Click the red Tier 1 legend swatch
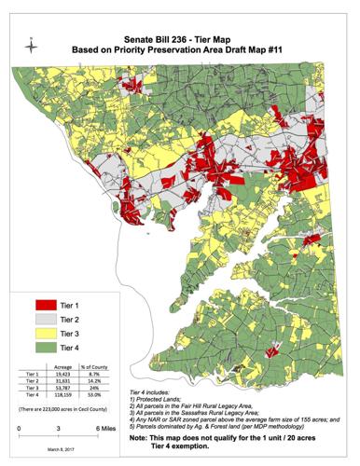click(x=39, y=304)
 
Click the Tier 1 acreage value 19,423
click(x=65, y=373)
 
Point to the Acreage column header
click(x=65, y=365)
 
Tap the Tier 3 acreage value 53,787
click(x=65, y=388)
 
